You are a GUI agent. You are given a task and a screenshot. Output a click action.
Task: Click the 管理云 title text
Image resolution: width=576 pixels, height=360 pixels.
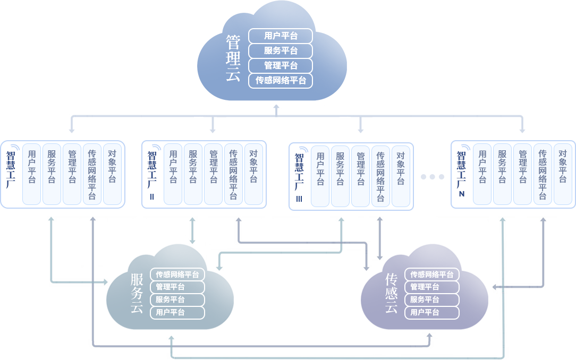(x=233, y=58)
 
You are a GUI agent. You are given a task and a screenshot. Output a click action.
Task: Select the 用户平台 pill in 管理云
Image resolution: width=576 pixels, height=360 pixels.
(x=281, y=36)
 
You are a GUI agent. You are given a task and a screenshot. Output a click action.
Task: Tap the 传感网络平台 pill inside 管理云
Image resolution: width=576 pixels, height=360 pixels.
(x=281, y=81)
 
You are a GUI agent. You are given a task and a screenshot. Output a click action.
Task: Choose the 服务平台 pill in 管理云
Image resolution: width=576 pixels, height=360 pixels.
(x=281, y=51)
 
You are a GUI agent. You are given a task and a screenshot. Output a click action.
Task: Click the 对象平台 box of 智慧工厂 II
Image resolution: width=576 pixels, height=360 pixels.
(x=253, y=174)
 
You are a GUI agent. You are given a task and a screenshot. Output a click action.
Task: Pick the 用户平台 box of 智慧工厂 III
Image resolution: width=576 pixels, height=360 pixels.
(x=320, y=176)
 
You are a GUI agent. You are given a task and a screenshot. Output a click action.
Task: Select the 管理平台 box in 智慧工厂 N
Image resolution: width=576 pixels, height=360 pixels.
(x=522, y=174)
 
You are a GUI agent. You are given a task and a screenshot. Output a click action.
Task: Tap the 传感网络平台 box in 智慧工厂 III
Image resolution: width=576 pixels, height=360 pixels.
(x=380, y=176)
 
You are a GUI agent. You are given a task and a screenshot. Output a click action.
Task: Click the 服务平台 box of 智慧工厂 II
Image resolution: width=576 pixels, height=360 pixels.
(x=193, y=174)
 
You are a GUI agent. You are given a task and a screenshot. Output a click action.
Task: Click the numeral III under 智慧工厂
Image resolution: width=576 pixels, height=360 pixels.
(x=299, y=199)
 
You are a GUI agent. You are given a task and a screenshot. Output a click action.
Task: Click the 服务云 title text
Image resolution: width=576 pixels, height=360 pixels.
(x=137, y=293)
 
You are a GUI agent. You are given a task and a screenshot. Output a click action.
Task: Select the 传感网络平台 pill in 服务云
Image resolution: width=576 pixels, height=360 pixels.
(x=177, y=275)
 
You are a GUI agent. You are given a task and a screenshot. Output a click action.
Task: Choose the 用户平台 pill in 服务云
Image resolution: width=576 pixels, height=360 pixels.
(x=177, y=313)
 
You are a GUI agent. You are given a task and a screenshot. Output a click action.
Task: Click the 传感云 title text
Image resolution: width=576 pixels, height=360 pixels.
(x=392, y=293)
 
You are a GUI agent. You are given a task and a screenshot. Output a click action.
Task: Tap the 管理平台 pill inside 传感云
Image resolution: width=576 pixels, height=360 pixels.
(x=431, y=287)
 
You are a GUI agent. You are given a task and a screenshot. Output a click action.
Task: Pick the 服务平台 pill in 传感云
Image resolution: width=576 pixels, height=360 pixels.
(x=431, y=300)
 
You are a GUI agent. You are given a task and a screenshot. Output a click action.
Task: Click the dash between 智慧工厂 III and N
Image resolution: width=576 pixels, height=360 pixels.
(x=432, y=177)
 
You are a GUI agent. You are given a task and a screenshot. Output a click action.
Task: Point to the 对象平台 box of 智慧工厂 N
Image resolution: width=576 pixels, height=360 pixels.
(x=563, y=174)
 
